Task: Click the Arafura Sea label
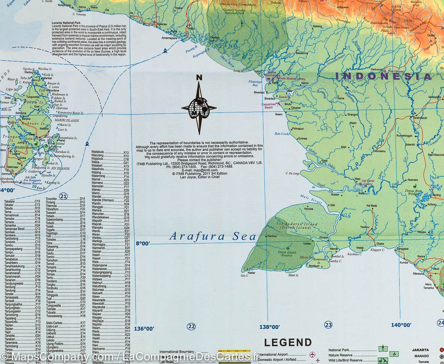[213, 236]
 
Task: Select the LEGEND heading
[287, 342]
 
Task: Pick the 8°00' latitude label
[143, 244]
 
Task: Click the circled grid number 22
[191, 326]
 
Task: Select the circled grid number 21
[63, 196]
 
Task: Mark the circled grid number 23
[328, 325]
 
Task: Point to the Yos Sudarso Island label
[297, 224]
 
